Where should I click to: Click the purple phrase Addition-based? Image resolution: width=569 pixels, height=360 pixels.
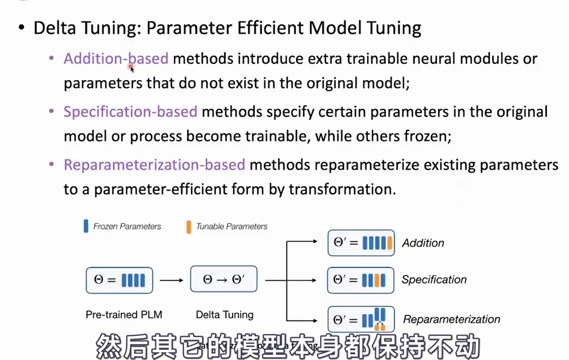coord(116,58)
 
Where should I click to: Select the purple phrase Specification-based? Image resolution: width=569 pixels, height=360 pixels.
coord(130,112)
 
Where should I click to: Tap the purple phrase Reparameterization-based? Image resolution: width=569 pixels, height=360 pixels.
coord(154,165)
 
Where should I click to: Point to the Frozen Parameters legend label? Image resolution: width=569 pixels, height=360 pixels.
coord(127,226)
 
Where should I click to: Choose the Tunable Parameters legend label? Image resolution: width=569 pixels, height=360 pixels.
coord(231,226)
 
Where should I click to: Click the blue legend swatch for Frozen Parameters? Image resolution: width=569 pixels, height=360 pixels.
coord(86,226)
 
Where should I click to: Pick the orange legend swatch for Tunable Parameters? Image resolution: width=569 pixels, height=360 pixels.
coord(189,226)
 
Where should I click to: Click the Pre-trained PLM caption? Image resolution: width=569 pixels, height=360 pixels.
coord(124,315)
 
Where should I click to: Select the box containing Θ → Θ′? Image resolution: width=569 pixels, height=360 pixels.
coord(223,279)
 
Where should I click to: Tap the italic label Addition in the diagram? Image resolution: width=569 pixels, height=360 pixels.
coord(423,243)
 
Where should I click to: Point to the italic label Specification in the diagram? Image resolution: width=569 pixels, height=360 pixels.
coord(434,280)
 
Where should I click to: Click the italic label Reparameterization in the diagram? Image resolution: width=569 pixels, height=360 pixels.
coord(451,319)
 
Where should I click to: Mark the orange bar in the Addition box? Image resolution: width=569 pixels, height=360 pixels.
coord(390,243)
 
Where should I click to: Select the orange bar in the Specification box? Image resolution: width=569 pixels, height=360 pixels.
coord(377,280)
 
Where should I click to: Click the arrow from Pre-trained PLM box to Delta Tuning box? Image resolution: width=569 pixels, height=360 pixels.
coord(171,280)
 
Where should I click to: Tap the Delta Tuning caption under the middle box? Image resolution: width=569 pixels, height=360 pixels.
coord(224,315)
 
